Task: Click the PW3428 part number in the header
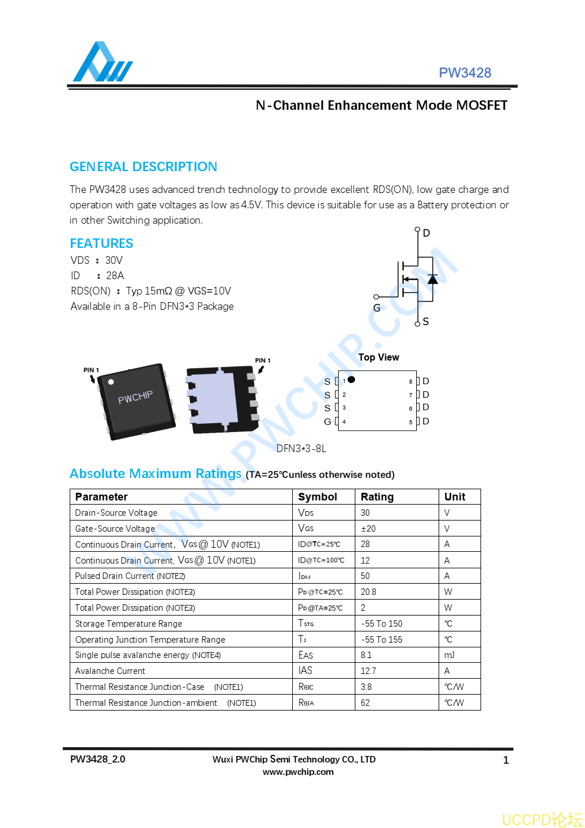(x=465, y=73)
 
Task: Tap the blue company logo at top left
(x=102, y=63)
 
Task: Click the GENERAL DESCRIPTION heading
(x=143, y=166)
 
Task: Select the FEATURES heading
(x=102, y=243)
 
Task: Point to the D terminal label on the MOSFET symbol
(x=426, y=233)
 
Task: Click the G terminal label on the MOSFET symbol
(x=377, y=308)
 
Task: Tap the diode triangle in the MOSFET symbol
(x=433, y=279)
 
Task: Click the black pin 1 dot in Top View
(x=351, y=379)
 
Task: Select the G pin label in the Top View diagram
(x=328, y=421)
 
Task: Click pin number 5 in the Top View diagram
(x=411, y=422)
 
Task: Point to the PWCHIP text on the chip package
(x=135, y=397)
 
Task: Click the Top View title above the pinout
(x=378, y=357)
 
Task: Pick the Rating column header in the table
(x=377, y=497)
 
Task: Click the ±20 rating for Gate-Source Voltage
(x=368, y=529)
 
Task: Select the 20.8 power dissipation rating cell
(x=368, y=592)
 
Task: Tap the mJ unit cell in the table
(x=449, y=655)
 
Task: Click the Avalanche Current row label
(x=110, y=671)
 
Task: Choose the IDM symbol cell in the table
(x=304, y=576)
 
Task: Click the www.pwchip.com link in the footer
(x=298, y=772)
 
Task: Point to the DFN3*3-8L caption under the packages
(x=301, y=449)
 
